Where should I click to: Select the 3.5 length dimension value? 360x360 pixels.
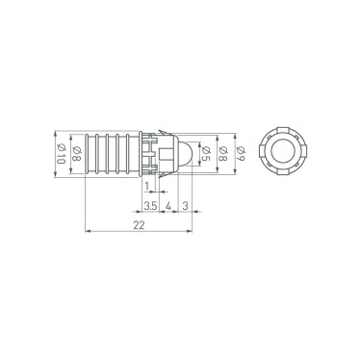(150, 204)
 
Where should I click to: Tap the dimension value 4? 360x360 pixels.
(168, 204)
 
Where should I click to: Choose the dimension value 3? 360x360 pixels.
(185, 204)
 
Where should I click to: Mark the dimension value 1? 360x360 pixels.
(145, 184)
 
